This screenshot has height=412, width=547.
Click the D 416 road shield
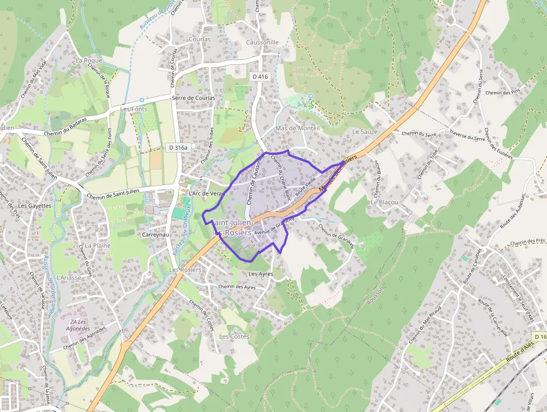point(260,77)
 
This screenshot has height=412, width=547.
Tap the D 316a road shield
point(178,147)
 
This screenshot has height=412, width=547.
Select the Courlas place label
point(200,40)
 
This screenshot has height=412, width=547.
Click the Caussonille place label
point(262,42)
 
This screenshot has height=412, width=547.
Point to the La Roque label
point(89,60)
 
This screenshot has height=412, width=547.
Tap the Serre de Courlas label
point(194,98)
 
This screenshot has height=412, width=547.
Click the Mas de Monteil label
point(298,128)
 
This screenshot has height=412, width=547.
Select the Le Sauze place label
point(365,132)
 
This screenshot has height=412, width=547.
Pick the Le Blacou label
point(385,202)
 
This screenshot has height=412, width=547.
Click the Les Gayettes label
point(35,206)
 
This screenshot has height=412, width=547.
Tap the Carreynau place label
point(155,235)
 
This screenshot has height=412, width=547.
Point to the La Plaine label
point(98,245)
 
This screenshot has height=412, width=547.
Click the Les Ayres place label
point(261,274)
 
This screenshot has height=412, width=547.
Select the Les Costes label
point(234,337)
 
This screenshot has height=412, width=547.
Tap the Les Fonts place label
point(134,109)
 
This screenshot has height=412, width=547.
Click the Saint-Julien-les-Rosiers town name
point(232,228)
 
